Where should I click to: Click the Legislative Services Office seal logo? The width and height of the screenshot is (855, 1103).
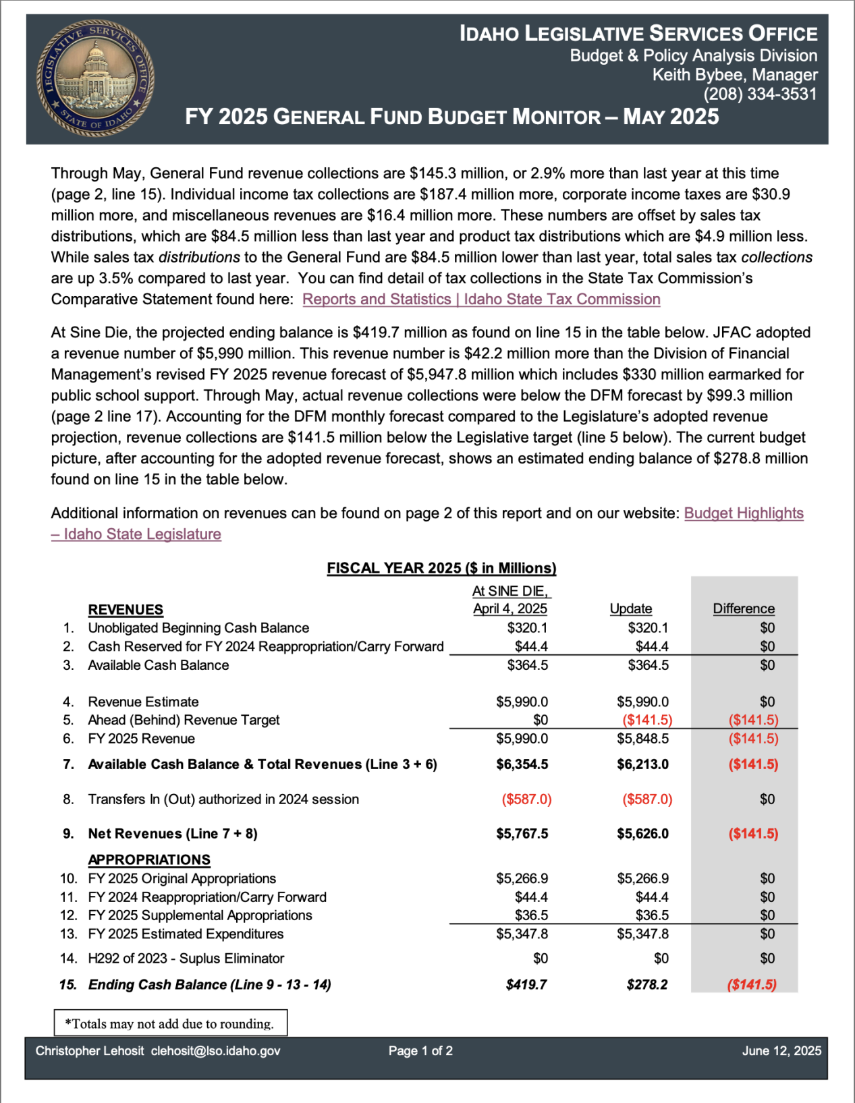pos(95,78)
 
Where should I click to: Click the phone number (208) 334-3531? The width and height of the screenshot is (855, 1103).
pos(760,94)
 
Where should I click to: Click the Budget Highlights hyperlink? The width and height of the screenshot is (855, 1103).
pos(743,513)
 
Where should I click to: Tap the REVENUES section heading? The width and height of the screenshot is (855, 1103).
pos(126,610)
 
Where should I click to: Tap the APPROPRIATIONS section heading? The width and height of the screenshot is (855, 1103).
pos(149,859)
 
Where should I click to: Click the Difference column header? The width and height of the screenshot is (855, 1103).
pos(743,609)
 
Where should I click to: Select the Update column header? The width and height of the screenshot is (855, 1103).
pos(630,609)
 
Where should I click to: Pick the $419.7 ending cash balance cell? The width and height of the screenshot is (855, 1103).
pos(526,984)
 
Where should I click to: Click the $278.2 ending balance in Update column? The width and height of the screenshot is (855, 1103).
pos(646,984)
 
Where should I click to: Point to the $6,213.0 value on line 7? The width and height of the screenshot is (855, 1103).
pos(642,764)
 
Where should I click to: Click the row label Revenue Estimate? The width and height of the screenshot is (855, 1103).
pos(143,702)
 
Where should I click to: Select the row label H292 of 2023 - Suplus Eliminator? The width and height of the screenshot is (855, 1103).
pos(186,958)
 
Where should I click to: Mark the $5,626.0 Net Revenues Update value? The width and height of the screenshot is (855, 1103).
pos(642,834)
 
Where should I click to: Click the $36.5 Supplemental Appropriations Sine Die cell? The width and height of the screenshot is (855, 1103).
pos(531,915)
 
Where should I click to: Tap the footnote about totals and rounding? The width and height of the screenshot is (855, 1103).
pos(169,1023)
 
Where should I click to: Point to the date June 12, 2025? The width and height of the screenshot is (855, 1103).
pos(781,1051)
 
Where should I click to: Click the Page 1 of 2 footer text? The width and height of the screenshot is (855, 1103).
pos(420,1051)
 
